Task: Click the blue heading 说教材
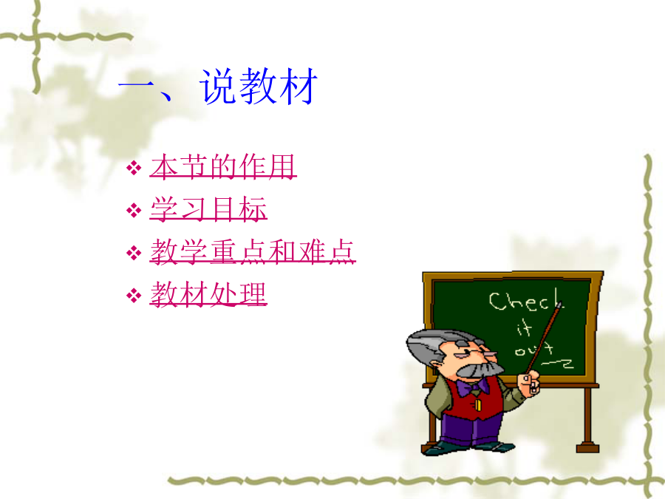(x=259, y=86)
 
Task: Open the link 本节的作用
(x=223, y=166)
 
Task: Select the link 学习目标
(x=208, y=208)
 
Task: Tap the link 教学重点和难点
(x=253, y=251)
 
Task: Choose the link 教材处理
(x=208, y=293)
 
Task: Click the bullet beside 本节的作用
(x=134, y=168)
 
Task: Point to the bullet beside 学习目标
(x=134, y=210)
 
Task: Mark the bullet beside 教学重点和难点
(x=134, y=253)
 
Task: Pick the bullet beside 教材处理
(x=134, y=295)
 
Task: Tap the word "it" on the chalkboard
(x=524, y=328)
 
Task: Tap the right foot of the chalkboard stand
(x=587, y=447)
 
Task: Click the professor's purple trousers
(x=469, y=428)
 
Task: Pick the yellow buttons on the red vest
(x=478, y=404)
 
